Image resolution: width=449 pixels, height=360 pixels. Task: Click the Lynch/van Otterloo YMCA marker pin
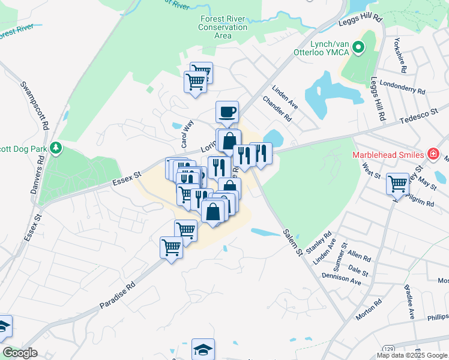click(358, 46)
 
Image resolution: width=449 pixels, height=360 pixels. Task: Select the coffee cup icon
click(228, 112)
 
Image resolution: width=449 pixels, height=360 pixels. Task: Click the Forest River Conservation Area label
click(223, 27)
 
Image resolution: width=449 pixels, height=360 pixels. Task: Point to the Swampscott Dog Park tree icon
click(56, 147)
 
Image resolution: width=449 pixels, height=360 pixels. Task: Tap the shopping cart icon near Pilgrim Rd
click(398, 184)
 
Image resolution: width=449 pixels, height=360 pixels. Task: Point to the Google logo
click(20, 353)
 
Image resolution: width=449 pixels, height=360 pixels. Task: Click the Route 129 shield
click(390, 349)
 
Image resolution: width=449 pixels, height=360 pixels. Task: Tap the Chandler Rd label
click(277, 108)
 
